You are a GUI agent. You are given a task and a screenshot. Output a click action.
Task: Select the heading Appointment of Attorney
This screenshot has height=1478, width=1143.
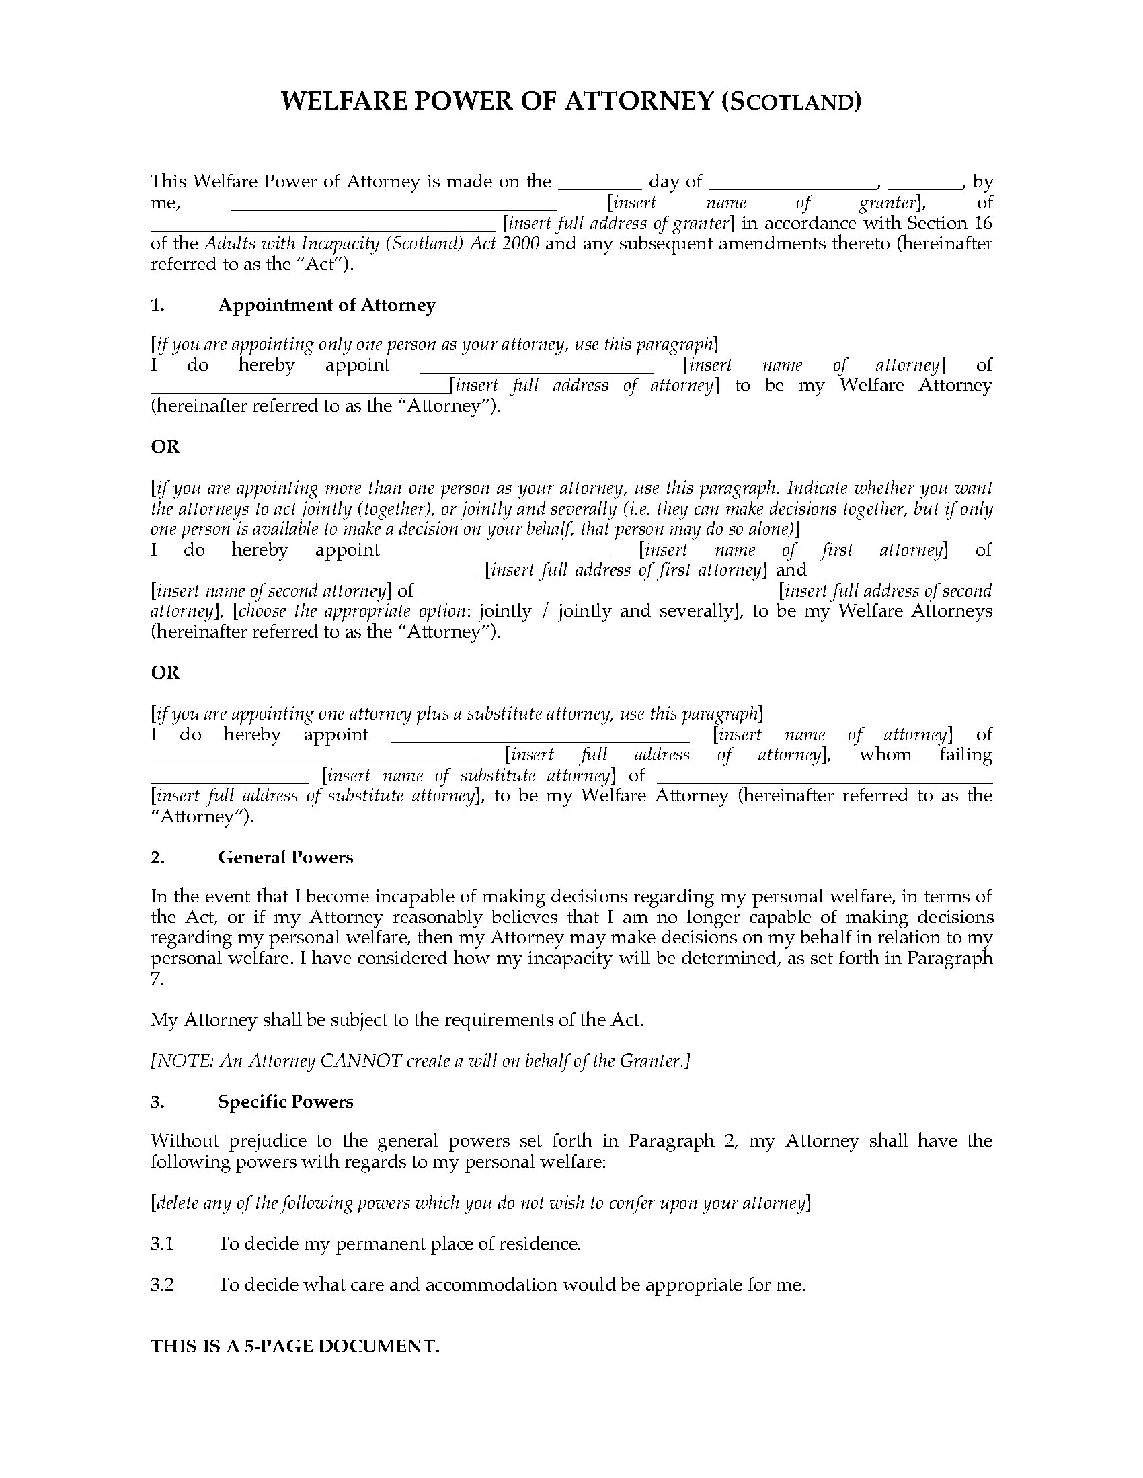pyautogui.click(x=326, y=305)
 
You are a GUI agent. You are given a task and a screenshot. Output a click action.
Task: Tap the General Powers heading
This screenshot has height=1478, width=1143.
pyautogui.click(x=285, y=857)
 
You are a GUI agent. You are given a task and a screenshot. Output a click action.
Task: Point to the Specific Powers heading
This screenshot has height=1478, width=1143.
pyautogui.click(x=285, y=1102)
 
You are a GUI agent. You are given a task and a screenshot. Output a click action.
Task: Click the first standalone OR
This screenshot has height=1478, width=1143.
pyautogui.click(x=165, y=447)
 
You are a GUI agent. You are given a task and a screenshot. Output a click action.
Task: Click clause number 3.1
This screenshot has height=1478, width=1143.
pyautogui.click(x=163, y=1244)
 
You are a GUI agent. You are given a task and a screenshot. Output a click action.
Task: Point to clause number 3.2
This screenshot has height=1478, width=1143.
pyautogui.click(x=163, y=1285)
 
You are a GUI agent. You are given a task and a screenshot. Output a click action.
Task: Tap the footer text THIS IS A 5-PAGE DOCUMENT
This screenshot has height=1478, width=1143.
pyautogui.click(x=294, y=1346)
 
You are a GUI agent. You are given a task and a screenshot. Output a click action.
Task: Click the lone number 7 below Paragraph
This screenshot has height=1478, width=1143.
pyautogui.click(x=157, y=979)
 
